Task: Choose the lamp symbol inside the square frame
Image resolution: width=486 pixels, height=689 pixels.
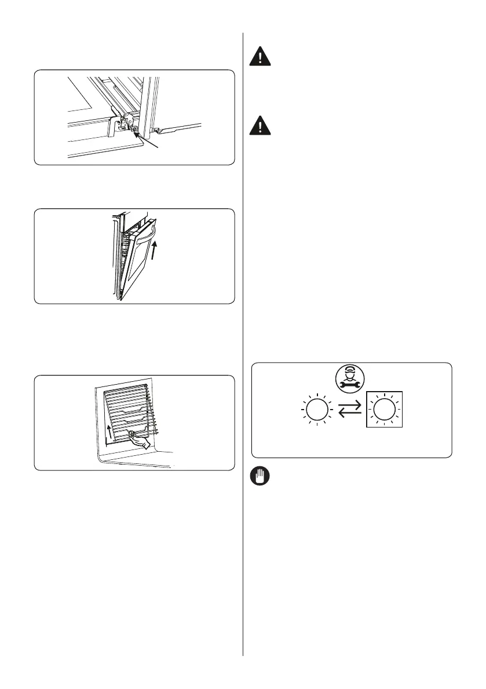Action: (x=383, y=410)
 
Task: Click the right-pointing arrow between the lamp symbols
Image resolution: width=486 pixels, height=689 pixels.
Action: (x=350, y=406)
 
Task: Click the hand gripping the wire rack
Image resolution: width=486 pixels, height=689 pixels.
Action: (x=138, y=441)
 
